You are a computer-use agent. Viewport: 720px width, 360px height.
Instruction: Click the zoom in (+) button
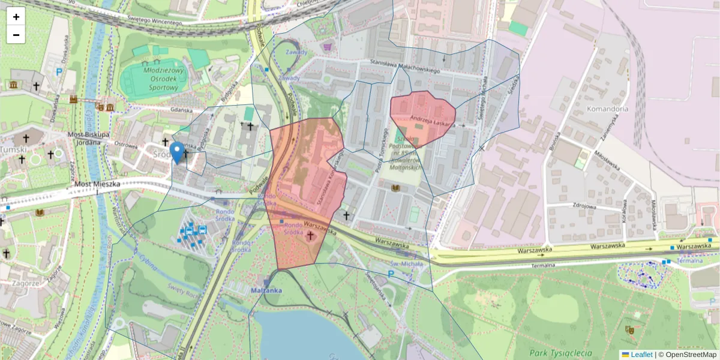(x=16, y=17)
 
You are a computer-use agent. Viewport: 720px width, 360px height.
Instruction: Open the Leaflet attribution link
(x=641, y=355)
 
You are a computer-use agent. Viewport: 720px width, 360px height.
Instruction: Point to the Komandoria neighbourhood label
(x=608, y=109)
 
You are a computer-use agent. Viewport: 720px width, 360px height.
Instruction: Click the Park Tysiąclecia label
(x=561, y=353)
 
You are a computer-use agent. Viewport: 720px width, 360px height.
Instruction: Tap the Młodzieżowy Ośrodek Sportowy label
(x=154, y=77)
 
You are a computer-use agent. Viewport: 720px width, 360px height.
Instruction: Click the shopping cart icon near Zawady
(x=327, y=46)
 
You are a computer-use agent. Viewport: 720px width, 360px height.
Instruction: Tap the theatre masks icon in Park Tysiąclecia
(x=630, y=329)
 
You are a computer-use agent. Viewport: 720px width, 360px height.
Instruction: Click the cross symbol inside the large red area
(x=311, y=236)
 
